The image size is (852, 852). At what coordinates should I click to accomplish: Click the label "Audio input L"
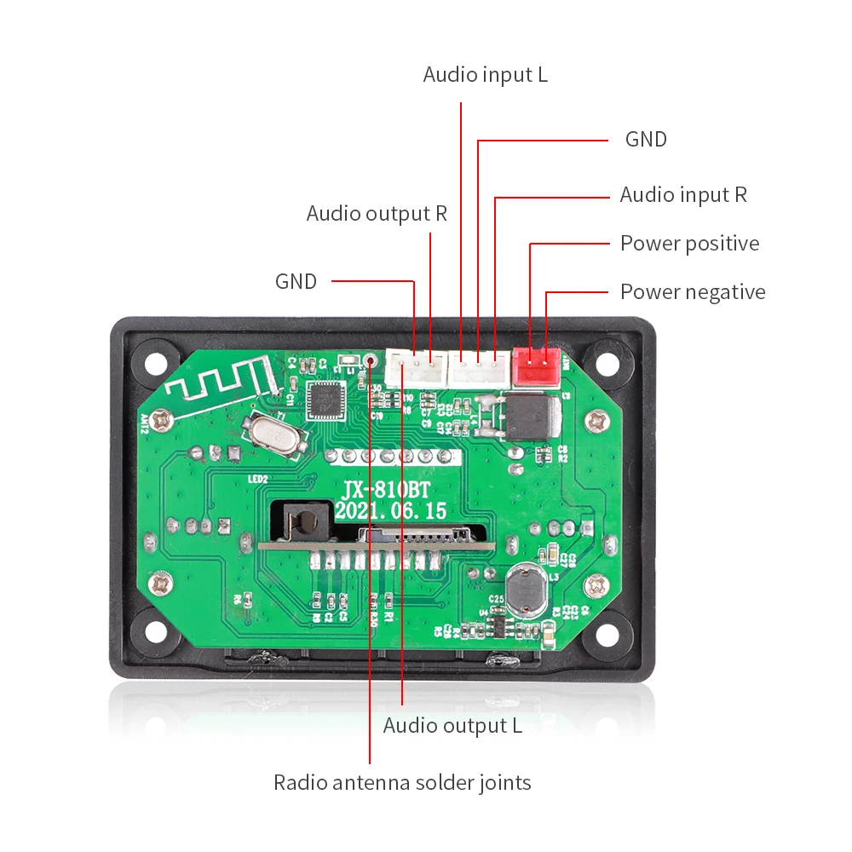[485, 75]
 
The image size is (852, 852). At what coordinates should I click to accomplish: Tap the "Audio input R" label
[682, 195]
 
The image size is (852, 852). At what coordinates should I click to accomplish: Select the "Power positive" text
[689, 244]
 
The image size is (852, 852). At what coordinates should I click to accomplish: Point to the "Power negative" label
[692, 292]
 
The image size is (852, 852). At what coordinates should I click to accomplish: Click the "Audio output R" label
[377, 213]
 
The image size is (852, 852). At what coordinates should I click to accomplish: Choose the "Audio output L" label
[452, 726]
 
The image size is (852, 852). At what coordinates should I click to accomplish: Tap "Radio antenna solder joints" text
[402, 782]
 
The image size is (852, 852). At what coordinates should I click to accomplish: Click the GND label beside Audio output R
[296, 281]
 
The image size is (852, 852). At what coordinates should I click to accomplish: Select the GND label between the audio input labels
[646, 139]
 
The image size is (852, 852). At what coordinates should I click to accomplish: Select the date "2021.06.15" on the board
[390, 511]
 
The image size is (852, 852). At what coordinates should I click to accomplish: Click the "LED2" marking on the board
[258, 480]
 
